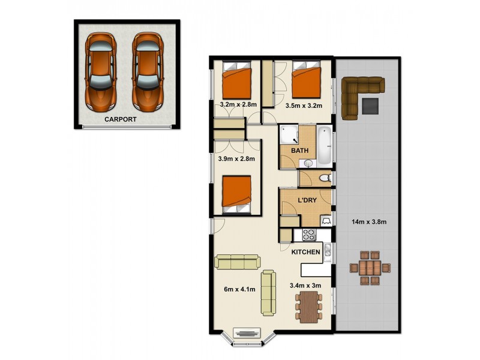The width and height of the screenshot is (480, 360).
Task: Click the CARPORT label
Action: coord(121,119)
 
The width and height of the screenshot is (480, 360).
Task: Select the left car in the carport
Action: coord(100,71)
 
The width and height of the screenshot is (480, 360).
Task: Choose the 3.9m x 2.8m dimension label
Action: coord(236,159)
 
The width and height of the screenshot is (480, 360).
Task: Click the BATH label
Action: coord(299,150)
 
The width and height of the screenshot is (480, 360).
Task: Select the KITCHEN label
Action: coord(305,253)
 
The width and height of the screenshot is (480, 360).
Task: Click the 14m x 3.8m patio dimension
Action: coord(368,222)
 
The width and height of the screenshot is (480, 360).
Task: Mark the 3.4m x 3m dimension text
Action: coord(305,286)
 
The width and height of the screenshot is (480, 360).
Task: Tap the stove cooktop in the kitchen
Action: coord(309,235)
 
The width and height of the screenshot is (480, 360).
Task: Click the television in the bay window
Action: coord(245,334)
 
